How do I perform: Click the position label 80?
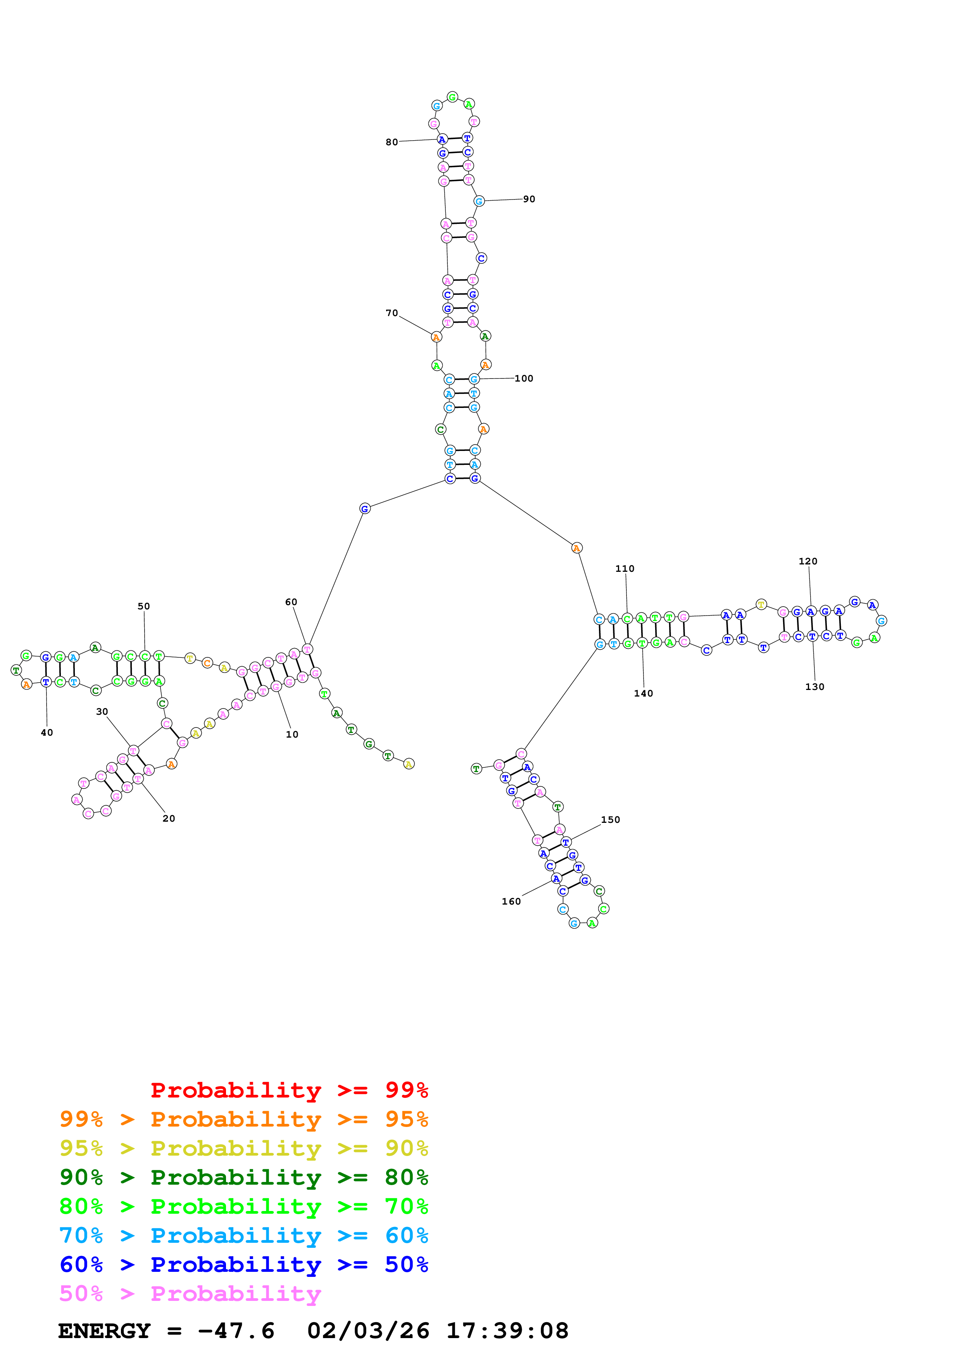pyautogui.click(x=392, y=142)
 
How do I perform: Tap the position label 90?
pyautogui.click(x=529, y=199)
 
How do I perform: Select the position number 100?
pyautogui.click(x=523, y=378)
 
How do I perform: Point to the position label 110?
pyautogui.click(x=625, y=568)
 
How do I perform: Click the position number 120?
pyautogui.click(x=807, y=561)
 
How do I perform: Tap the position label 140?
pyautogui.click(x=643, y=693)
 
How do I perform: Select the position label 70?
pyautogui.click(x=392, y=313)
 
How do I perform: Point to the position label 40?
pyautogui.click(x=47, y=732)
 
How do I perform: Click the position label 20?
pyautogui.click(x=169, y=818)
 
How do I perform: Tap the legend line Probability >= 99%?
pyautogui.click(x=289, y=1090)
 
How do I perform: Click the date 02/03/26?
pyautogui.click(x=368, y=1331)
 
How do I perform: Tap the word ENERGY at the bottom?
pyautogui.click(x=104, y=1331)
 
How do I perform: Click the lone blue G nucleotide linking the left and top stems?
pyautogui.click(x=365, y=508)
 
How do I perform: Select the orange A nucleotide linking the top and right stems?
pyautogui.click(x=576, y=548)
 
